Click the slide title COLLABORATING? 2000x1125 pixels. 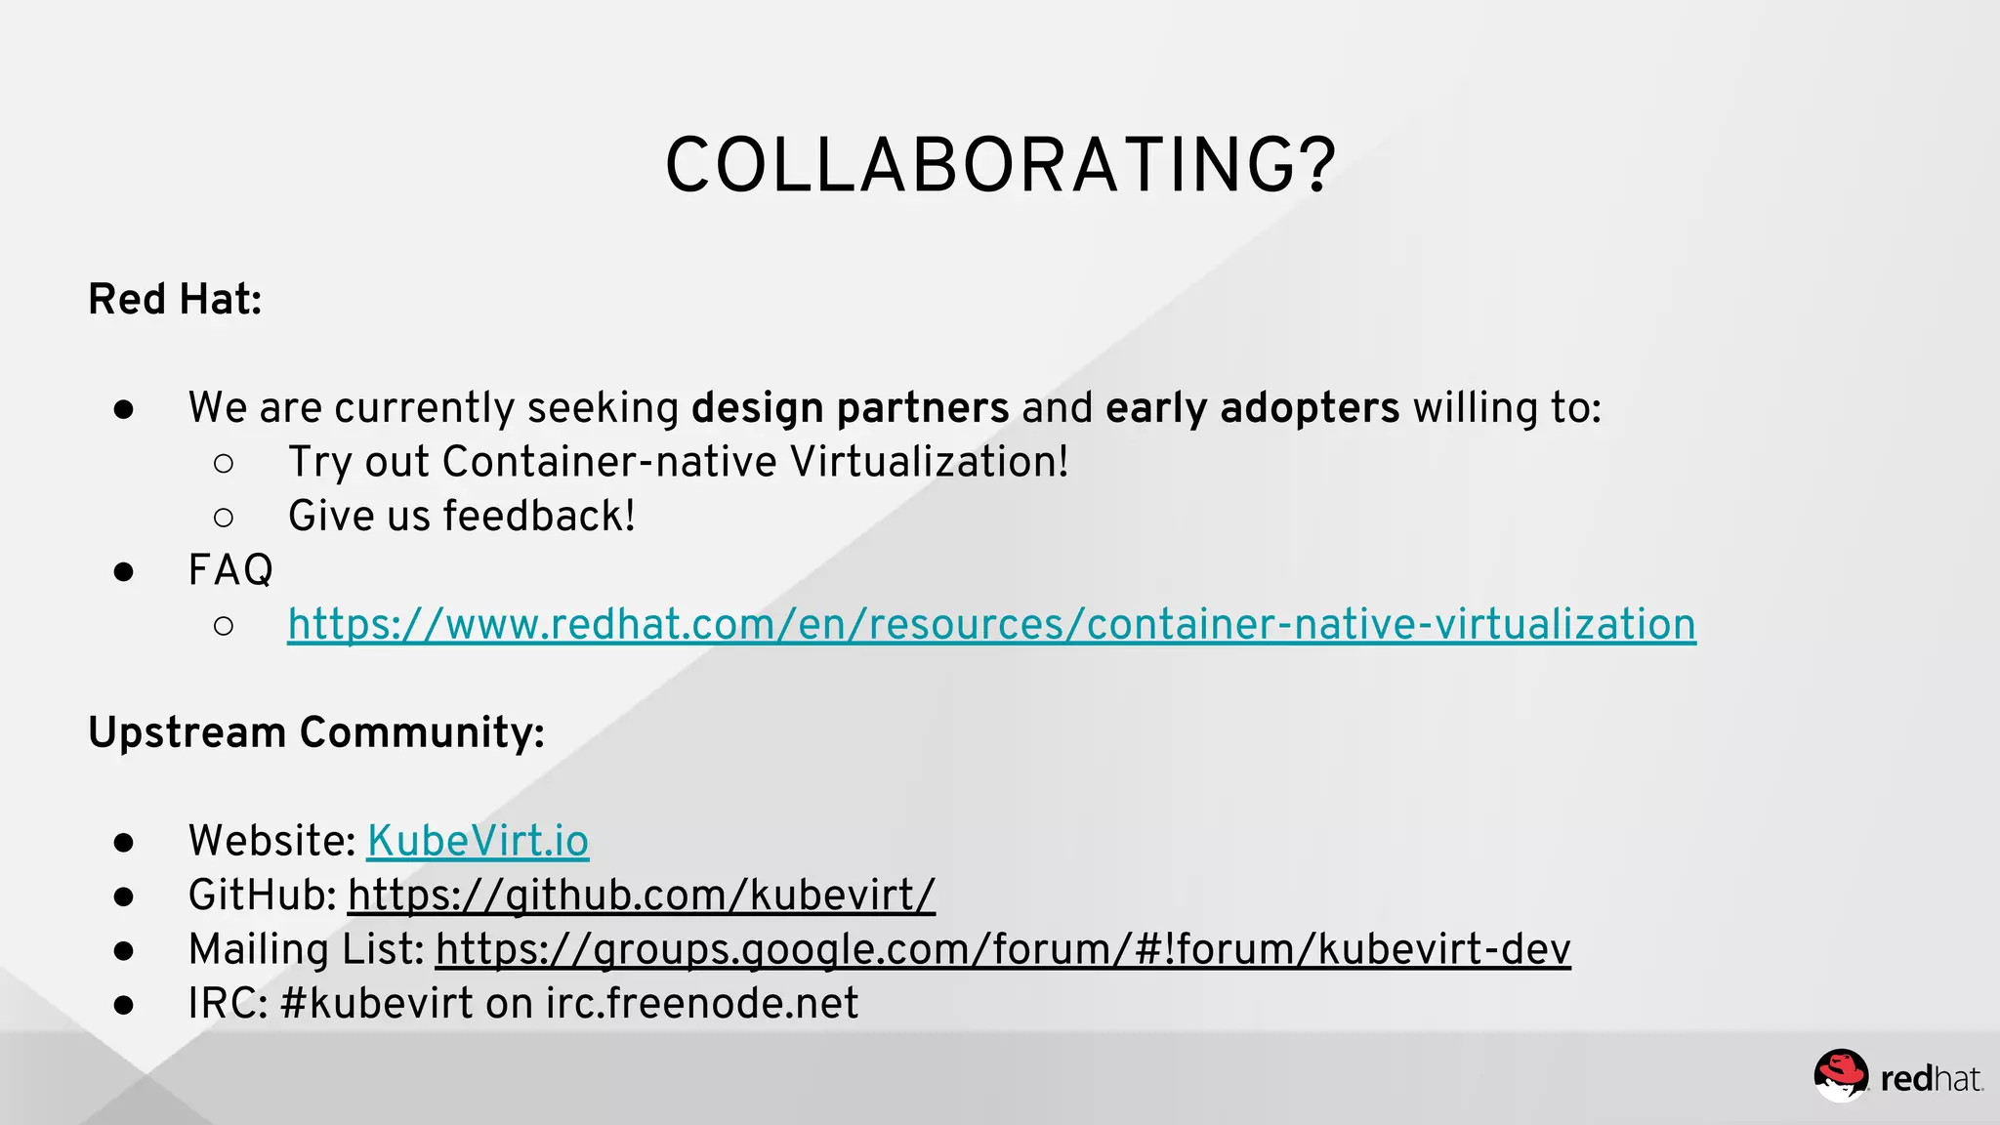coord(1000,166)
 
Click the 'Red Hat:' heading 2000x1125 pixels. coord(175,299)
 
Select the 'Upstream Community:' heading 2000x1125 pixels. coord(315,732)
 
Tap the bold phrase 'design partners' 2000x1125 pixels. coord(850,407)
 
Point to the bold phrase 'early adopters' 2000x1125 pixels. coord(1252,407)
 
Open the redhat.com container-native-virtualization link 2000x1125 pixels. coord(991,624)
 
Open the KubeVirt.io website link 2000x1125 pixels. coord(478,841)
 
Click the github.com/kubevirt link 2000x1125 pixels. coord(641,895)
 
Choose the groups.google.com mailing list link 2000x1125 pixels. coord(1003,949)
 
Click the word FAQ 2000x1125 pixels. coord(230,569)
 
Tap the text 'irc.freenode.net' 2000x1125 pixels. coord(701,1003)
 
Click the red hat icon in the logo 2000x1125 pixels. coord(1841,1075)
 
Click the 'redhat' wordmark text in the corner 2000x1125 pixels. coord(1930,1079)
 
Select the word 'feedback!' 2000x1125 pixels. coord(539,516)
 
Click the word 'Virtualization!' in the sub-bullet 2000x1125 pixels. coord(929,462)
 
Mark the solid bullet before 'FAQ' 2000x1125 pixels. coord(123,571)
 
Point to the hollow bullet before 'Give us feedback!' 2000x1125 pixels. coord(224,517)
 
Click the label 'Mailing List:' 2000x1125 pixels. coord(306,949)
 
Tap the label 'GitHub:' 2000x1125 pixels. coord(262,895)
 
